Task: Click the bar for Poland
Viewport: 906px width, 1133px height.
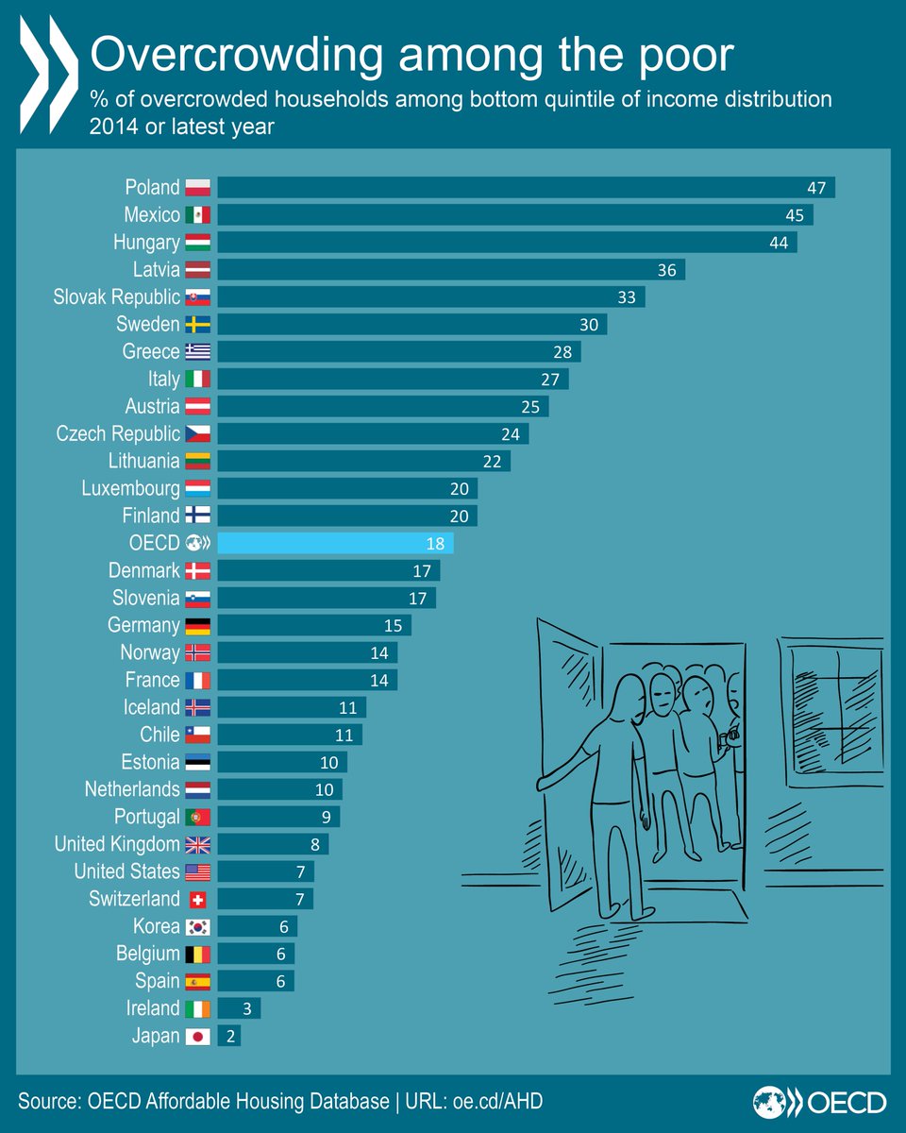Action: coord(525,187)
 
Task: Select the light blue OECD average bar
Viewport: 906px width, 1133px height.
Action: coord(335,543)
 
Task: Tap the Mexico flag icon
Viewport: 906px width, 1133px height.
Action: coord(198,215)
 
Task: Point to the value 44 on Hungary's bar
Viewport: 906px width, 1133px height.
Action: coord(779,243)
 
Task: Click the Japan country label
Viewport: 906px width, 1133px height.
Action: coord(156,1036)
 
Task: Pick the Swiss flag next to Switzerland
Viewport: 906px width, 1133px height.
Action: coord(198,899)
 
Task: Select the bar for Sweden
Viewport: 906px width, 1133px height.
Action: coord(411,325)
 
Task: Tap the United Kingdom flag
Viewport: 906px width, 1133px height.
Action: coord(198,844)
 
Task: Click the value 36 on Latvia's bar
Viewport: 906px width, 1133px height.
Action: coord(667,270)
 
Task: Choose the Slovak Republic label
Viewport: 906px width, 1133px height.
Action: coord(117,297)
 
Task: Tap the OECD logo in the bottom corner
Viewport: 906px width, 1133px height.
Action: coord(819,1102)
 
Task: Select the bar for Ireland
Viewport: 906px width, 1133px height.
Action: coord(239,1008)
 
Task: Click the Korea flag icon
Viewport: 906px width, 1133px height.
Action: coord(198,926)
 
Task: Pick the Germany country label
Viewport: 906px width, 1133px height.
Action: coord(143,625)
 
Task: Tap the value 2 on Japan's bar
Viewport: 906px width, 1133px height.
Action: coord(229,1036)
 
